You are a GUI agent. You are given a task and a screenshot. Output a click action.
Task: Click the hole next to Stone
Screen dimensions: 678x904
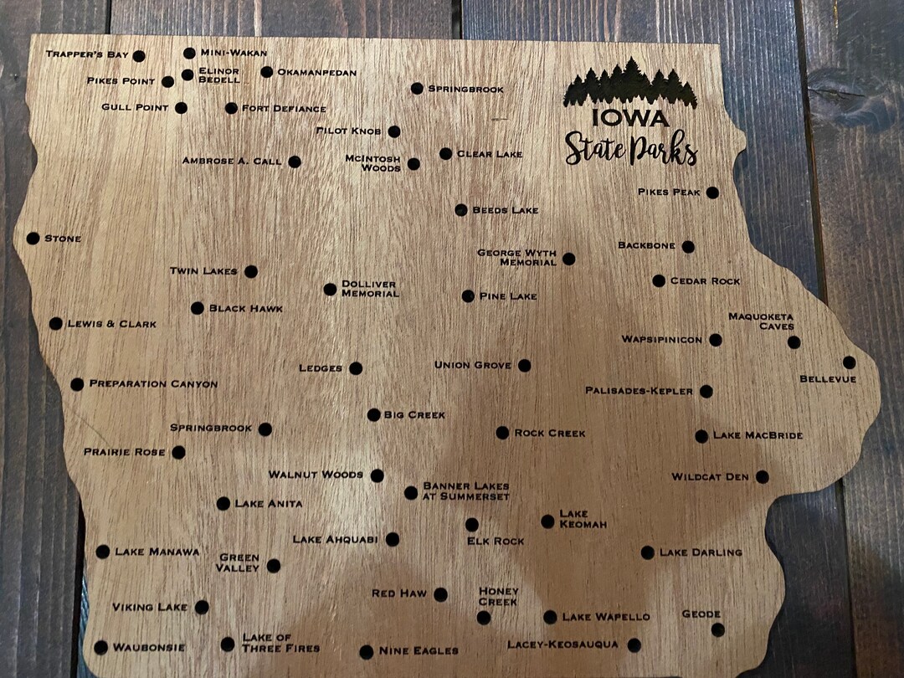(x=33, y=239)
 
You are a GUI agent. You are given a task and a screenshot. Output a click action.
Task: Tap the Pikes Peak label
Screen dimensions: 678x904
(x=669, y=193)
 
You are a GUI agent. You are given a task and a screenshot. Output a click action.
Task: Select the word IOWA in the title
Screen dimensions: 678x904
(x=629, y=117)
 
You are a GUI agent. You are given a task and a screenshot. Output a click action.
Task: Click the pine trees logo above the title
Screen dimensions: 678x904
(x=629, y=85)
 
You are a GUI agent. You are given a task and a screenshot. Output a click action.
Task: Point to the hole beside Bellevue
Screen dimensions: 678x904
(x=849, y=362)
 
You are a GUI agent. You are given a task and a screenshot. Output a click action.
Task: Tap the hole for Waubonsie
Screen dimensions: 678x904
(x=100, y=647)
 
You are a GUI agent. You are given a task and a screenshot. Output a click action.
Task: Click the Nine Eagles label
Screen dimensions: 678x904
(x=419, y=650)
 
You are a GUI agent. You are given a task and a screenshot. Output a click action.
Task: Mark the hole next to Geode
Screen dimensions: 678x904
(x=717, y=629)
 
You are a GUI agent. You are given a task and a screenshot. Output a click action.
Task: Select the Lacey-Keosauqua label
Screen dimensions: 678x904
(x=562, y=645)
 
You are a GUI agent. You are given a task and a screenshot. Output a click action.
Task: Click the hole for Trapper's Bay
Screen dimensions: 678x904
(x=139, y=56)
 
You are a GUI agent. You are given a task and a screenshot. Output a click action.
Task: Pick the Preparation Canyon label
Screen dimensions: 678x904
(x=153, y=384)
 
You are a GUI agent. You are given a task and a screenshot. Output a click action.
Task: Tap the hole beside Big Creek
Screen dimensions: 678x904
(x=373, y=414)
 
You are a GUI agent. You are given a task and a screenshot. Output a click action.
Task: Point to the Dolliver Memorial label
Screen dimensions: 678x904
(x=369, y=289)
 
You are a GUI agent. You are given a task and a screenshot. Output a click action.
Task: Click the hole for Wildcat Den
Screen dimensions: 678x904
(x=762, y=477)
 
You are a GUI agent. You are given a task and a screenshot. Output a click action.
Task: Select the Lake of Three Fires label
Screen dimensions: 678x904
(x=280, y=643)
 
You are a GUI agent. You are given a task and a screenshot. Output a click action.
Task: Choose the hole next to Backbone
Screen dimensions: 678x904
(x=688, y=247)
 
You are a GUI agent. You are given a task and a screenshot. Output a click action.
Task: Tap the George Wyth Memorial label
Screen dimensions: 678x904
(x=516, y=257)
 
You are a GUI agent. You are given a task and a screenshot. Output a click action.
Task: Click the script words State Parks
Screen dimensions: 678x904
(x=630, y=149)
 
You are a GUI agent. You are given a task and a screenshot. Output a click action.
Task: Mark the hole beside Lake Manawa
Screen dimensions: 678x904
(x=102, y=552)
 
